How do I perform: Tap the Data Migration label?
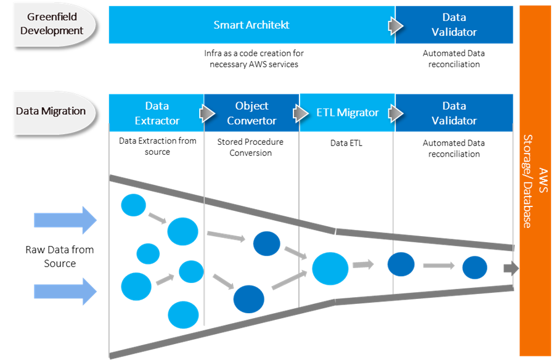tap(51, 112)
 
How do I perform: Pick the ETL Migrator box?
tap(346, 113)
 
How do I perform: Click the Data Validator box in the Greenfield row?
tap(454, 25)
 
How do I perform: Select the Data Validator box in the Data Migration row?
tap(454, 113)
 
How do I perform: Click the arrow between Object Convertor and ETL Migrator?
tap(301, 113)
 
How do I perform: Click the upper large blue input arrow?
tap(65, 219)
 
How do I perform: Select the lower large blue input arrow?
tap(65, 290)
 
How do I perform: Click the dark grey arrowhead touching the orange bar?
tap(511, 268)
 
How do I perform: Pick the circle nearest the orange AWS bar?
tap(475, 268)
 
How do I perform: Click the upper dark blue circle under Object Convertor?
tap(267, 243)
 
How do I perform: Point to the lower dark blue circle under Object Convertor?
tap(249, 300)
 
